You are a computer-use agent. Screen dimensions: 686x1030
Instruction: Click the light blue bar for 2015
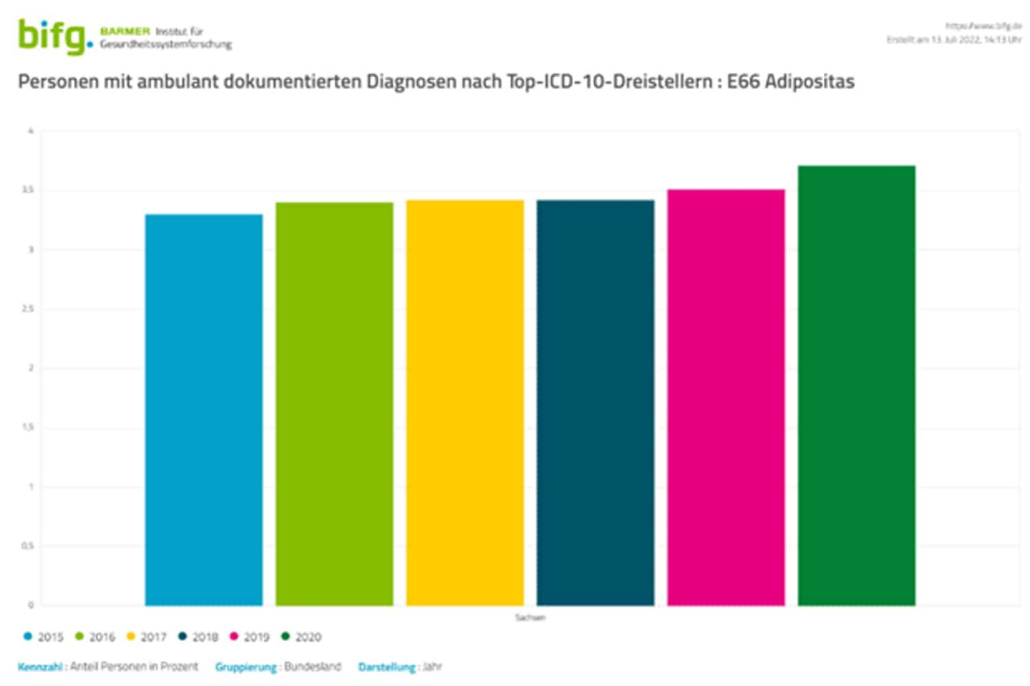(x=203, y=410)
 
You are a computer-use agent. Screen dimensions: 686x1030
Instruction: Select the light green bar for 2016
(x=334, y=404)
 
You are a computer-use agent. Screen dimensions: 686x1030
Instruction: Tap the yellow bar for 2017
(x=465, y=403)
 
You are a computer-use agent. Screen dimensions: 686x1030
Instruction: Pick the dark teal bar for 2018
(x=595, y=403)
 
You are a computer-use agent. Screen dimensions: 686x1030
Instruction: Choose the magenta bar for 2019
(x=726, y=397)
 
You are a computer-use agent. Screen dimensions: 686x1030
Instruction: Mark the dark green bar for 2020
(x=856, y=386)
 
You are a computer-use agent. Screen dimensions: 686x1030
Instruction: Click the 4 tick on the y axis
(x=31, y=132)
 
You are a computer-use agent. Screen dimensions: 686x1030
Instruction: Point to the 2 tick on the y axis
(x=31, y=368)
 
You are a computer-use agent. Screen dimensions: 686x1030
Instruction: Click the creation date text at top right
(x=953, y=39)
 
